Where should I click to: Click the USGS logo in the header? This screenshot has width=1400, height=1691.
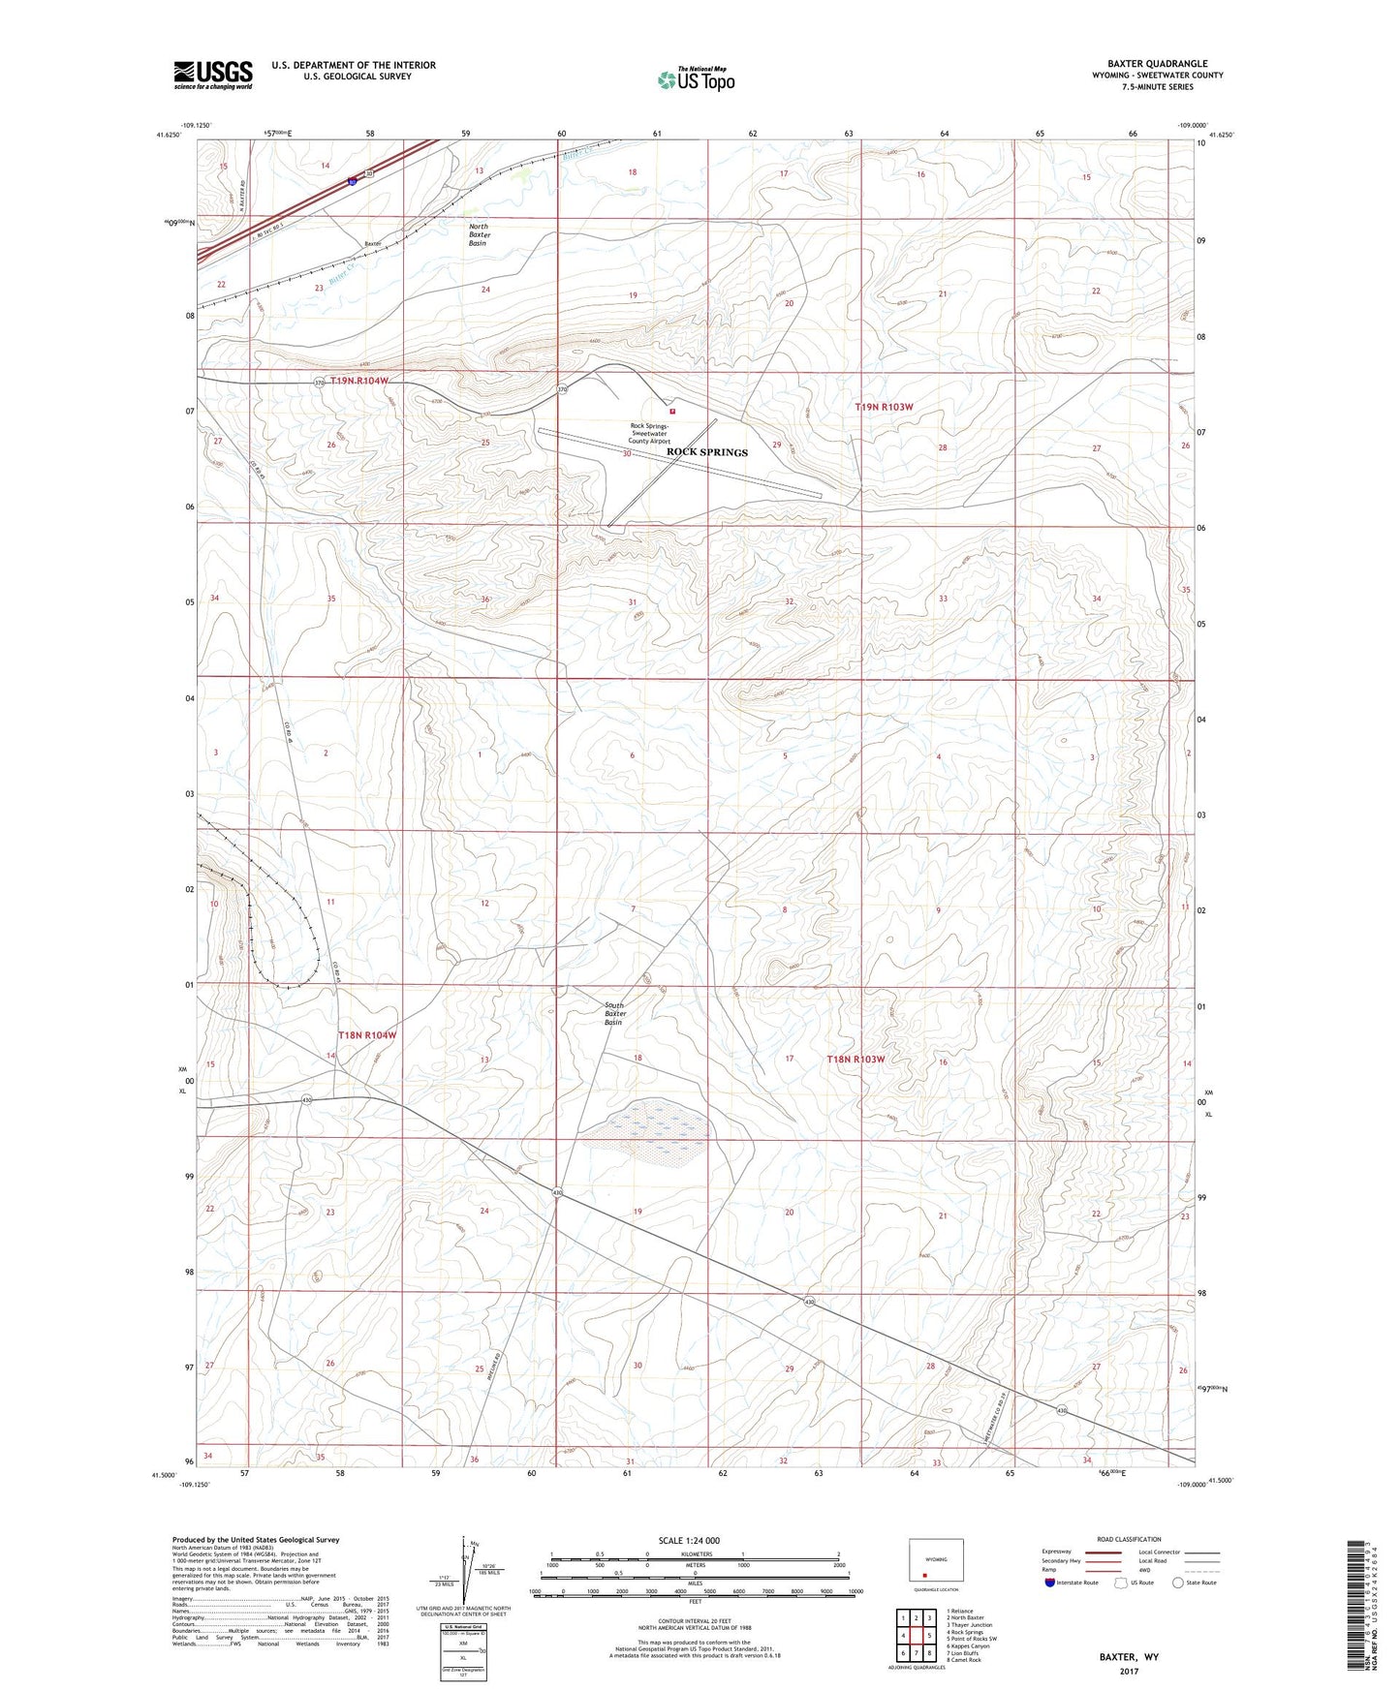pos(213,75)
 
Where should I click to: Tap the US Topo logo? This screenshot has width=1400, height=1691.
pos(695,79)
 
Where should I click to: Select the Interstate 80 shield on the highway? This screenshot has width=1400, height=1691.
pos(353,180)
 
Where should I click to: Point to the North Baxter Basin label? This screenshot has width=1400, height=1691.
pos(479,234)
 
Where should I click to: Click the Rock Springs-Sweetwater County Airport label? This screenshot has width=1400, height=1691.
pos(649,433)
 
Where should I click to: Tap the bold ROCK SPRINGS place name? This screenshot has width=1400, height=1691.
pos(706,452)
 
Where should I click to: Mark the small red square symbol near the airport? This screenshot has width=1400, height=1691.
pos(671,411)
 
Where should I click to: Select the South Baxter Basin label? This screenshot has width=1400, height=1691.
pos(615,1014)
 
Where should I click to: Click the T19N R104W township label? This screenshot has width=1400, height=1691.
pos(358,382)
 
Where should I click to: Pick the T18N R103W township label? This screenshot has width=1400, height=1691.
pos(856,1060)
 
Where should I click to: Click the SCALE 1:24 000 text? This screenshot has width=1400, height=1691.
pos(688,1541)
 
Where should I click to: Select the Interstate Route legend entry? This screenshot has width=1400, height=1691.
pos(1072,1583)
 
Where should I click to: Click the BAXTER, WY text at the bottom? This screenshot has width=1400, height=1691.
pos(1128,1657)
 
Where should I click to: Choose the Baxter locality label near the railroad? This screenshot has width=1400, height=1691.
pos(373,243)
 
